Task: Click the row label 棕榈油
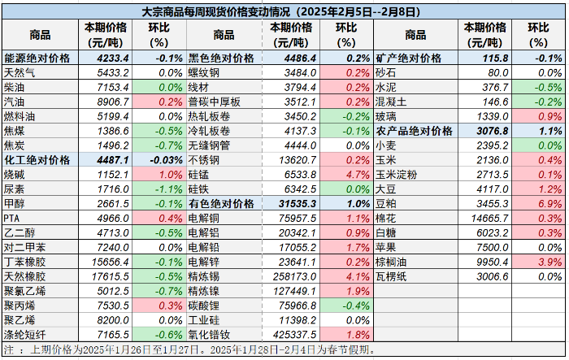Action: tap(391, 262)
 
